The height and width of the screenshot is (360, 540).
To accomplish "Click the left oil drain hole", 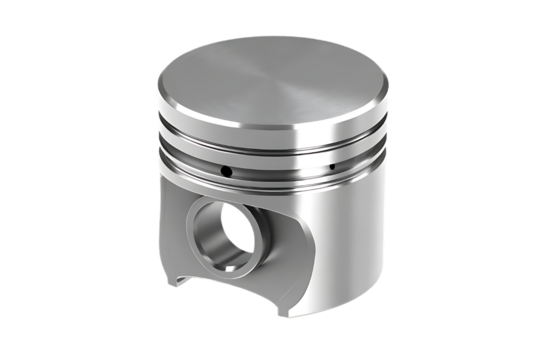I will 227,171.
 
